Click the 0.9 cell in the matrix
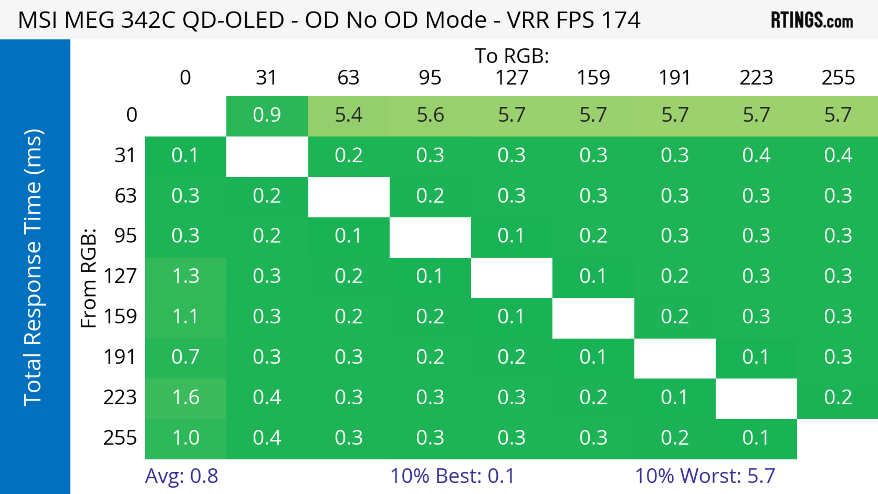[x=267, y=115]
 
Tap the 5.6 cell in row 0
[x=430, y=115]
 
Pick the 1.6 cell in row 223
[x=186, y=398]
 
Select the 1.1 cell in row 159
[x=186, y=317]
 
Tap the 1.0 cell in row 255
[x=186, y=438]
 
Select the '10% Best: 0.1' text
[x=452, y=476]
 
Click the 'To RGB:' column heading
[x=512, y=56]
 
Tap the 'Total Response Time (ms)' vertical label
[x=33, y=267]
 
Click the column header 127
[x=512, y=78]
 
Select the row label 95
[x=126, y=236]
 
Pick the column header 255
[x=838, y=78]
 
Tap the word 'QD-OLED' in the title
[x=233, y=20]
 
